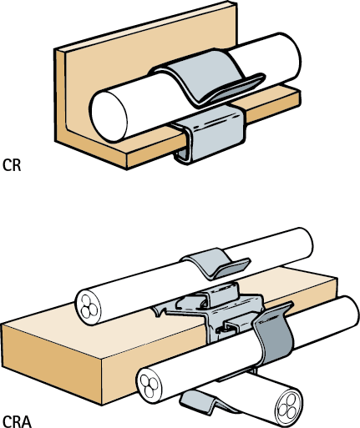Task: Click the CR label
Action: point(12,164)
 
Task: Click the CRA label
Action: point(17,421)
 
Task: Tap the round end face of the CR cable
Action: point(109,117)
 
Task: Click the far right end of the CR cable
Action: point(295,57)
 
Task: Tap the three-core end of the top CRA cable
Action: point(89,308)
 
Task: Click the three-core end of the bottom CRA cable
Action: point(287,407)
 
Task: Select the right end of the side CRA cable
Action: point(352,312)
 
